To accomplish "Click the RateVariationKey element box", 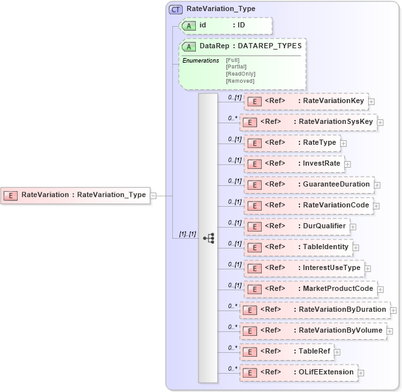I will (307, 101).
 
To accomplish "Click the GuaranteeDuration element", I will (309, 185).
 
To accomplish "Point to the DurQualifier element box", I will (298, 226).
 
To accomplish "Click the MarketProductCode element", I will (311, 289).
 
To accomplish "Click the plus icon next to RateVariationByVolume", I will (390, 331).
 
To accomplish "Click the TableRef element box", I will (287, 352).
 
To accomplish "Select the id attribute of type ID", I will (224, 25).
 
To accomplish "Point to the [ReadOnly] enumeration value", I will (240, 73).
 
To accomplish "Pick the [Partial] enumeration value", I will (236, 67).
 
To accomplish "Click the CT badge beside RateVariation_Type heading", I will (176, 9).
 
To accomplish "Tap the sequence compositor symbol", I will (208, 238).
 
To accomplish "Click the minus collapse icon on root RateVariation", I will (153, 194).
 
